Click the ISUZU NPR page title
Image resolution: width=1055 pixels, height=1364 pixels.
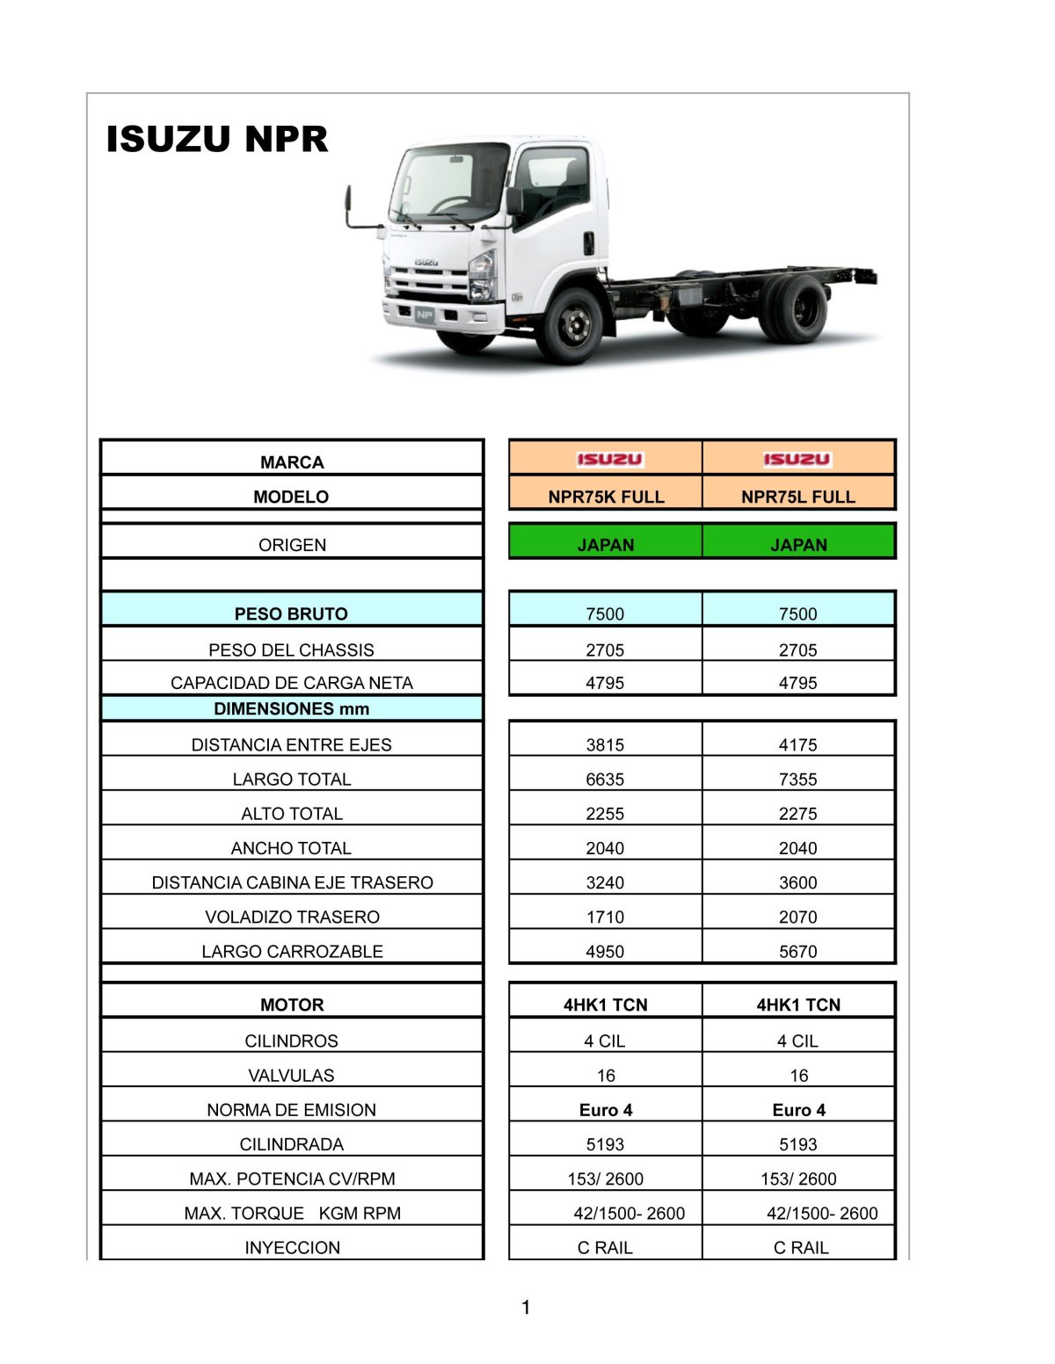tap(216, 139)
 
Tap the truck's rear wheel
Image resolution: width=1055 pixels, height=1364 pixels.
tap(798, 308)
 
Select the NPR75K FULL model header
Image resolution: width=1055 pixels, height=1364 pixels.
tap(606, 497)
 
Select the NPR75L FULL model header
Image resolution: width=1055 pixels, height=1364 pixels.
tap(797, 497)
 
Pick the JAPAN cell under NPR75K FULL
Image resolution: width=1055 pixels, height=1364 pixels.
tap(606, 545)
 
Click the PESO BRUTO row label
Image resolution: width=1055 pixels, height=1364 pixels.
tap(291, 613)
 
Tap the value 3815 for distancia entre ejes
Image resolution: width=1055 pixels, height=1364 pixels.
tap(605, 744)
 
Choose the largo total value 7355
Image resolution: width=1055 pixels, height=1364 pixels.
tap(797, 779)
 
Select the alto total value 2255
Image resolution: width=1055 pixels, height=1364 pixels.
tap(605, 813)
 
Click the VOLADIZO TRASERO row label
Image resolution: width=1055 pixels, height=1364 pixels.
tap(292, 917)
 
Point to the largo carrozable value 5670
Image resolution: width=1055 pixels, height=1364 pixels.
tap(797, 951)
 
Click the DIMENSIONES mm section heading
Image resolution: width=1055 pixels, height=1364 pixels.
tap(291, 708)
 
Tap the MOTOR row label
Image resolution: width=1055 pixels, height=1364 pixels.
tap(292, 1005)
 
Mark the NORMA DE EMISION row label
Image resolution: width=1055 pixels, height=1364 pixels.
tap(291, 1109)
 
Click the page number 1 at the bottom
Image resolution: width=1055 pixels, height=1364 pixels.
tap(526, 1307)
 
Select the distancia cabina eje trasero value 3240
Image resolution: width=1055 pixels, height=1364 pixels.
tap(605, 882)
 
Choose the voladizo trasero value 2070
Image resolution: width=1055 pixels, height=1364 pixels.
tap(797, 917)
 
